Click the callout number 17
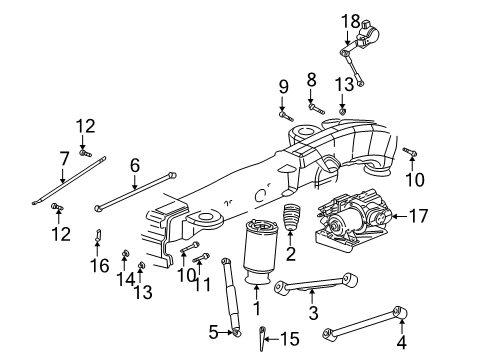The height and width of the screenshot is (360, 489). [x=418, y=216]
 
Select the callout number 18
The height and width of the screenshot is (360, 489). [x=350, y=21]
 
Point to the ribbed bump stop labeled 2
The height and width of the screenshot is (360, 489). [x=290, y=217]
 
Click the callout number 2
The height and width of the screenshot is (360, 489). [x=291, y=254]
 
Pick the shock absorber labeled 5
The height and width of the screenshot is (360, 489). [x=231, y=297]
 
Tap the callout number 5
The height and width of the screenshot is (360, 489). [x=213, y=332]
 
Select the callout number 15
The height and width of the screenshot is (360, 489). [x=289, y=339]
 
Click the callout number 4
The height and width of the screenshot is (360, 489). [x=402, y=342]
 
